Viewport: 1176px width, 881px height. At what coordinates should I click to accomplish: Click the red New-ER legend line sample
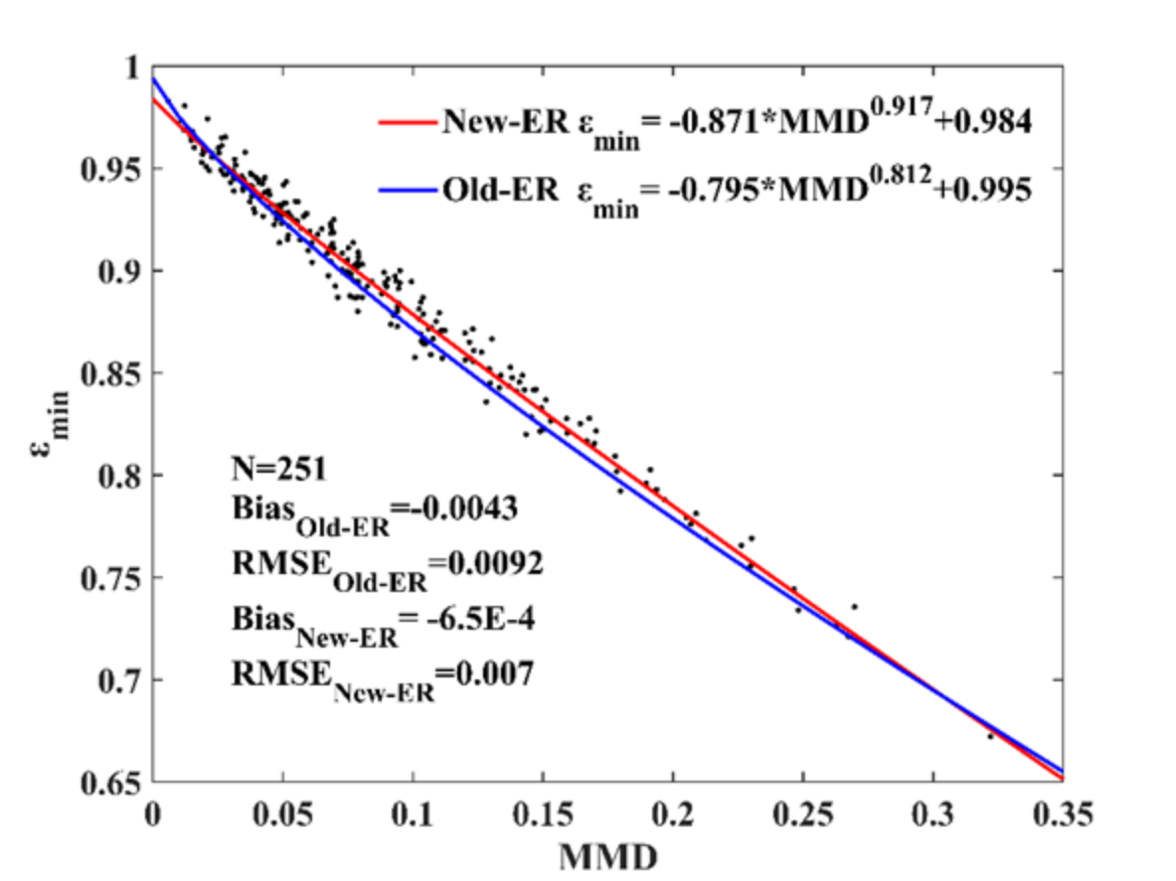[x=407, y=122]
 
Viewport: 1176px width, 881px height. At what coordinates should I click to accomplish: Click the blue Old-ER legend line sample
[x=407, y=189]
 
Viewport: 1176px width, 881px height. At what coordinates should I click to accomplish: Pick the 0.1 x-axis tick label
[x=413, y=816]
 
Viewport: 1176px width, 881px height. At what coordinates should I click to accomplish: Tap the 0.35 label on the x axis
[x=1061, y=816]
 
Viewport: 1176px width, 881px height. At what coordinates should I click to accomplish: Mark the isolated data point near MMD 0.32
[x=989, y=736]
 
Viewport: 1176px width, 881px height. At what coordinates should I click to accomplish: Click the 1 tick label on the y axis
[x=128, y=67]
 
